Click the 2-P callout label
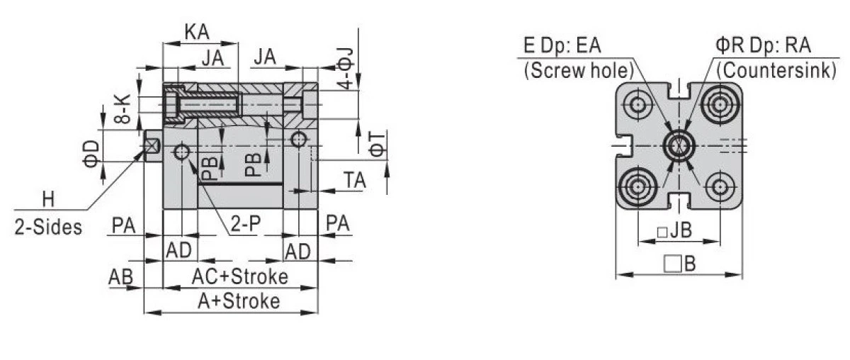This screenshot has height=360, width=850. (x=245, y=225)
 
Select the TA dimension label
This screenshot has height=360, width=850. (x=355, y=181)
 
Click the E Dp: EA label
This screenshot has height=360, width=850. (x=562, y=47)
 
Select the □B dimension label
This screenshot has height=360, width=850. (x=679, y=265)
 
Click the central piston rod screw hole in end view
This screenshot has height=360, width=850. (x=679, y=146)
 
